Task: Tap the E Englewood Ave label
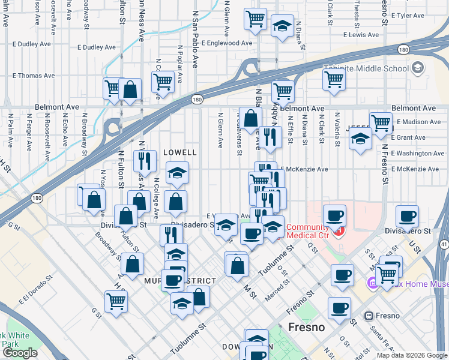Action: click(x=227, y=43)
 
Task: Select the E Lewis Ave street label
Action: click(x=364, y=35)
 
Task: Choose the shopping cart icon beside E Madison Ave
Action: click(x=380, y=123)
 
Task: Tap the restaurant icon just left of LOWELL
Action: click(x=145, y=160)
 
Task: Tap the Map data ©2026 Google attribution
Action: click(x=411, y=355)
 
